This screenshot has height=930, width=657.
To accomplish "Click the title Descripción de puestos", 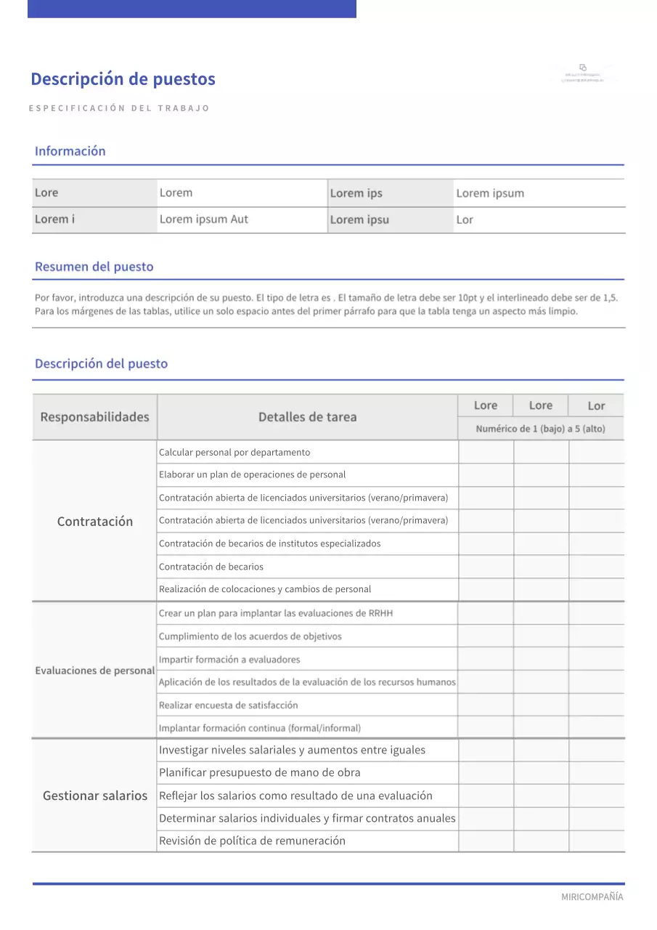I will (x=123, y=79).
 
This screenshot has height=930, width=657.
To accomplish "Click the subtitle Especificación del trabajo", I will (x=119, y=108).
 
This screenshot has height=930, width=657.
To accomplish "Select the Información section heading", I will (x=70, y=151).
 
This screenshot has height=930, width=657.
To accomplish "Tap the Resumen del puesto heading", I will (x=94, y=267).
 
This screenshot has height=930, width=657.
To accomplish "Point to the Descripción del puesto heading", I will (x=101, y=364).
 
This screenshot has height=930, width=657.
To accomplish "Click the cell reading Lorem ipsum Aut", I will (x=204, y=219).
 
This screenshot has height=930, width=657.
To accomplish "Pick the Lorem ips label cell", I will (x=356, y=193).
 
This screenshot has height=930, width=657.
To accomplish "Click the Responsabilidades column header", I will (x=94, y=417).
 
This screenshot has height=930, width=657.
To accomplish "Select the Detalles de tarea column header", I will (x=307, y=417).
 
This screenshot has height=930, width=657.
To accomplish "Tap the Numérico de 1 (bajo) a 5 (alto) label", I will (x=540, y=429).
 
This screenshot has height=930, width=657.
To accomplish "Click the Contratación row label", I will (x=95, y=521).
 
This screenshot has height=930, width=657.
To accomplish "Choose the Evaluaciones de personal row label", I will (x=95, y=671).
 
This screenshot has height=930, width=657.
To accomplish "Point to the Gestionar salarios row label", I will (x=95, y=796).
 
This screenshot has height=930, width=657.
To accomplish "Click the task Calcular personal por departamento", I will (x=234, y=452).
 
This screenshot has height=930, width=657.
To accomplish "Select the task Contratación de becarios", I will (x=211, y=567).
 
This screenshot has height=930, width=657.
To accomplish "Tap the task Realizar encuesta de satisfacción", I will (x=228, y=705).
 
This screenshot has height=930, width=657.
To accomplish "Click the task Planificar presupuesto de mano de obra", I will (x=259, y=772).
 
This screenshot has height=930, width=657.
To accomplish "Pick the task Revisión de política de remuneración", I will (x=252, y=841).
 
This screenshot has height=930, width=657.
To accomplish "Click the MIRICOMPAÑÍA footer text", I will (x=592, y=897).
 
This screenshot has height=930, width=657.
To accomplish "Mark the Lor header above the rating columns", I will (x=596, y=406).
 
